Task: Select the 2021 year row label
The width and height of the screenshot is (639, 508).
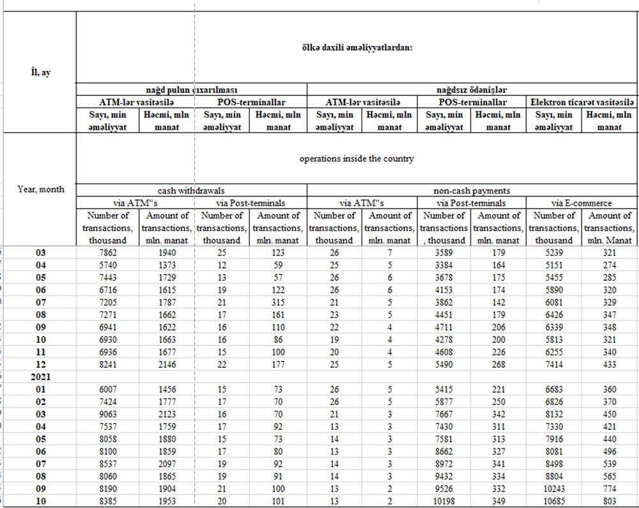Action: (x=41, y=377)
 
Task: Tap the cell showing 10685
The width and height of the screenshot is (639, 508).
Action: (x=555, y=502)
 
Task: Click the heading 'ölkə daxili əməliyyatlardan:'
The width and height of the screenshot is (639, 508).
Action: (x=357, y=47)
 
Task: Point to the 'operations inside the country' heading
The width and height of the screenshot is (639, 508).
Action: (x=357, y=159)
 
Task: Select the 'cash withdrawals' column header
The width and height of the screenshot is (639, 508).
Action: (x=192, y=190)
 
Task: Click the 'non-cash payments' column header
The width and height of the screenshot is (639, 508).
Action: (x=472, y=190)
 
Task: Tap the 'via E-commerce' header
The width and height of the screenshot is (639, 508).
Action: (x=582, y=203)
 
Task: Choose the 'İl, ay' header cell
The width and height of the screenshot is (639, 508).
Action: (x=41, y=72)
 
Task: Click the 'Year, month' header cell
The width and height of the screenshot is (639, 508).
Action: (x=41, y=189)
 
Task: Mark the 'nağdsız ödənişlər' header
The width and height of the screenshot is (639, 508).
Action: (x=472, y=90)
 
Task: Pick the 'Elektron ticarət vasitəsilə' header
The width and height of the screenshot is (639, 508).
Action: (x=582, y=102)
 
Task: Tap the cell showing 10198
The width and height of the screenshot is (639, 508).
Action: (x=444, y=502)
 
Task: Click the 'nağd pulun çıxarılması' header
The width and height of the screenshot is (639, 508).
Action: (x=192, y=90)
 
